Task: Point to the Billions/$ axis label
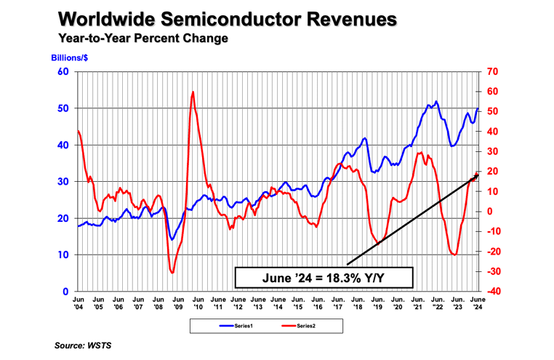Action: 70,57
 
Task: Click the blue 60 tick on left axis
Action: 63,71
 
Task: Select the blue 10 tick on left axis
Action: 63,255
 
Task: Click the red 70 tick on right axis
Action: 492,71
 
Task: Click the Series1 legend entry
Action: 237,324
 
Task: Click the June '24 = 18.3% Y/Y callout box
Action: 324,277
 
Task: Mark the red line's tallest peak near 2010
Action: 193,92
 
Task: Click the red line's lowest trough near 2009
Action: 172,273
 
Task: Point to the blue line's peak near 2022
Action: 436,102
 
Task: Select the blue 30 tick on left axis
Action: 63,182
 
